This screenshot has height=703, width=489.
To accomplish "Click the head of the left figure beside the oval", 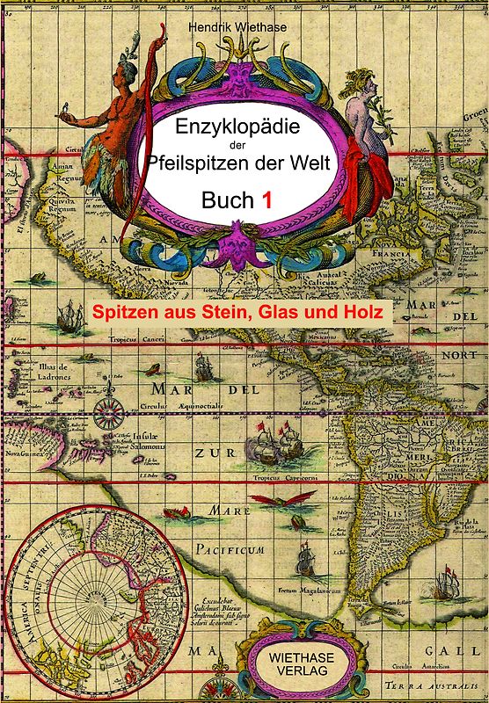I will pyautogui.click(x=129, y=69).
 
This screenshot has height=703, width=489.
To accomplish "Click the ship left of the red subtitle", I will pyautogui.click(x=69, y=314).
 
